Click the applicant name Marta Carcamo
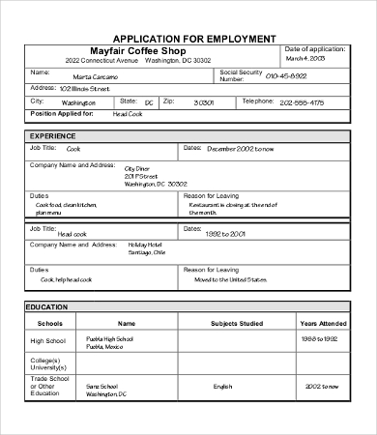click(95, 75)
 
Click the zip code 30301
click(203, 101)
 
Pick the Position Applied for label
click(62, 114)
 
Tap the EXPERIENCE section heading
click(53, 136)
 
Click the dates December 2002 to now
click(241, 148)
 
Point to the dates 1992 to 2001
click(226, 233)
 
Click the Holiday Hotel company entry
click(150, 245)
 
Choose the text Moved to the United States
click(229, 279)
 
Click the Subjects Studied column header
click(222, 324)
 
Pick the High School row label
click(49, 341)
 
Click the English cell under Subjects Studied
click(223, 386)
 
